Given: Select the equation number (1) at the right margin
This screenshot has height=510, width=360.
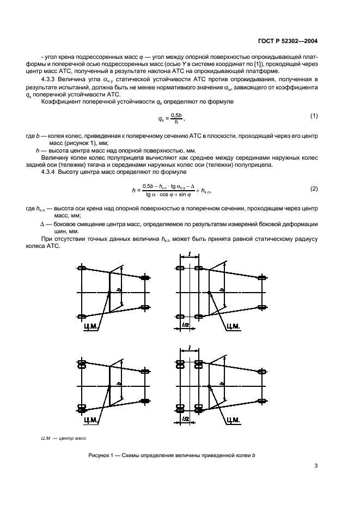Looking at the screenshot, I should (x=314, y=116).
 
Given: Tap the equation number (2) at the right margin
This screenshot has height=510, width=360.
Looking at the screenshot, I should (x=314, y=189).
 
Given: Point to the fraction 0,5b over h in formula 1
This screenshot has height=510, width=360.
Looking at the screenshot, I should (x=175, y=118).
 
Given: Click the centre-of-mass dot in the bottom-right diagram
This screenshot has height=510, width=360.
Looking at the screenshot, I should (x=209, y=386).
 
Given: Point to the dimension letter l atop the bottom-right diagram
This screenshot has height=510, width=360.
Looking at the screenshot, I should (x=188, y=347).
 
